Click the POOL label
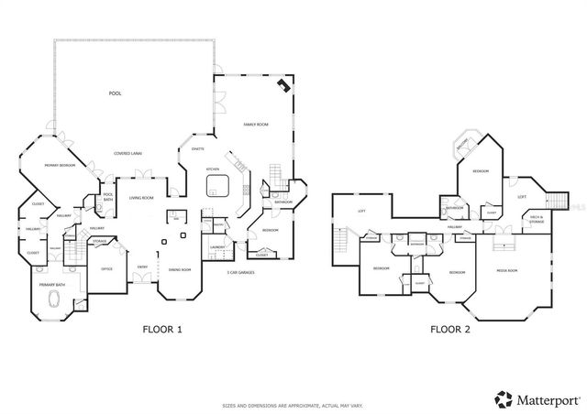point(115,93)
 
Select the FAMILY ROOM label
point(254,124)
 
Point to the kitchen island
point(216,187)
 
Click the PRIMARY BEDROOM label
point(60,165)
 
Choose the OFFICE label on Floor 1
point(106,268)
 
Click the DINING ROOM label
point(179,270)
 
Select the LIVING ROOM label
point(140,198)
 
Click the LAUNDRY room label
point(217,246)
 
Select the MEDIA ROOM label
point(507,271)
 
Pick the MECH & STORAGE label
point(538,220)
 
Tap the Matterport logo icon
point(504,398)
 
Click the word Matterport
point(545,398)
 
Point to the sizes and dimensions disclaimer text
point(293,404)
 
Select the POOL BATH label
point(107,196)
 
